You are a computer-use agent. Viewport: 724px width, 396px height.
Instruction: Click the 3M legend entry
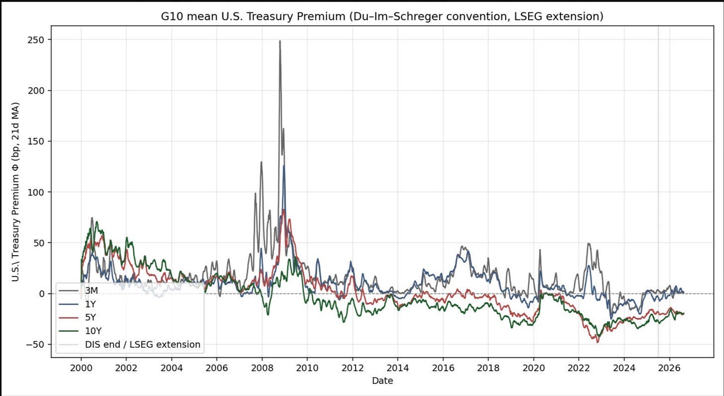pyautogui.click(x=78, y=291)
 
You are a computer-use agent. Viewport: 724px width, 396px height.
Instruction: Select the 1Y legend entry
pyautogui.click(x=78, y=304)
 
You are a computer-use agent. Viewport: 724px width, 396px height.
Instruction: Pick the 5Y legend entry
pyautogui.click(x=78, y=317)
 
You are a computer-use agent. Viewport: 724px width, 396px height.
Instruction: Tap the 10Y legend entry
pyautogui.click(x=80, y=331)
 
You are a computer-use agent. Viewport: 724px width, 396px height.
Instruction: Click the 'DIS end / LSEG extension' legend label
pyautogui.click(x=143, y=345)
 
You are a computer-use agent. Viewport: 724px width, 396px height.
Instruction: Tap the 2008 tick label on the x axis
pyautogui.click(x=262, y=368)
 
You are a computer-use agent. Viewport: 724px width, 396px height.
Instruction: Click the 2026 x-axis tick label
pyautogui.click(x=669, y=368)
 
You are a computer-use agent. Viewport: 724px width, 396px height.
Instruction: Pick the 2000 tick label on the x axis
pyautogui.click(x=81, y=368)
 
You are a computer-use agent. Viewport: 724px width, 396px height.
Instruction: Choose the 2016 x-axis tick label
pyautogui.click(x=443, y=368)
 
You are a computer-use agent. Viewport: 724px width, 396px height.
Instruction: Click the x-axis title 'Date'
pyautogui.click(x=383, y=381)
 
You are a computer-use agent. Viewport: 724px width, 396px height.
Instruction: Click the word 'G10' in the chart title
pyautogui.click(x=172, y=16)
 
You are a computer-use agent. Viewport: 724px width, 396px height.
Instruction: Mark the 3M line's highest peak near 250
pyautogui.click(x=280, y=41)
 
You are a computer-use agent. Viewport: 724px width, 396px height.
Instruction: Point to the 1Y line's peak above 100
pyautogui.click(x=284, y=166)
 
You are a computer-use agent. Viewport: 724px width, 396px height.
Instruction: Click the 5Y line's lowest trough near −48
pyautogui.click(x=598, y=342)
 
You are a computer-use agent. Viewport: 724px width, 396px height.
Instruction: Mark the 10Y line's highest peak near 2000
pyautogui.click(x=96, y=222)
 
